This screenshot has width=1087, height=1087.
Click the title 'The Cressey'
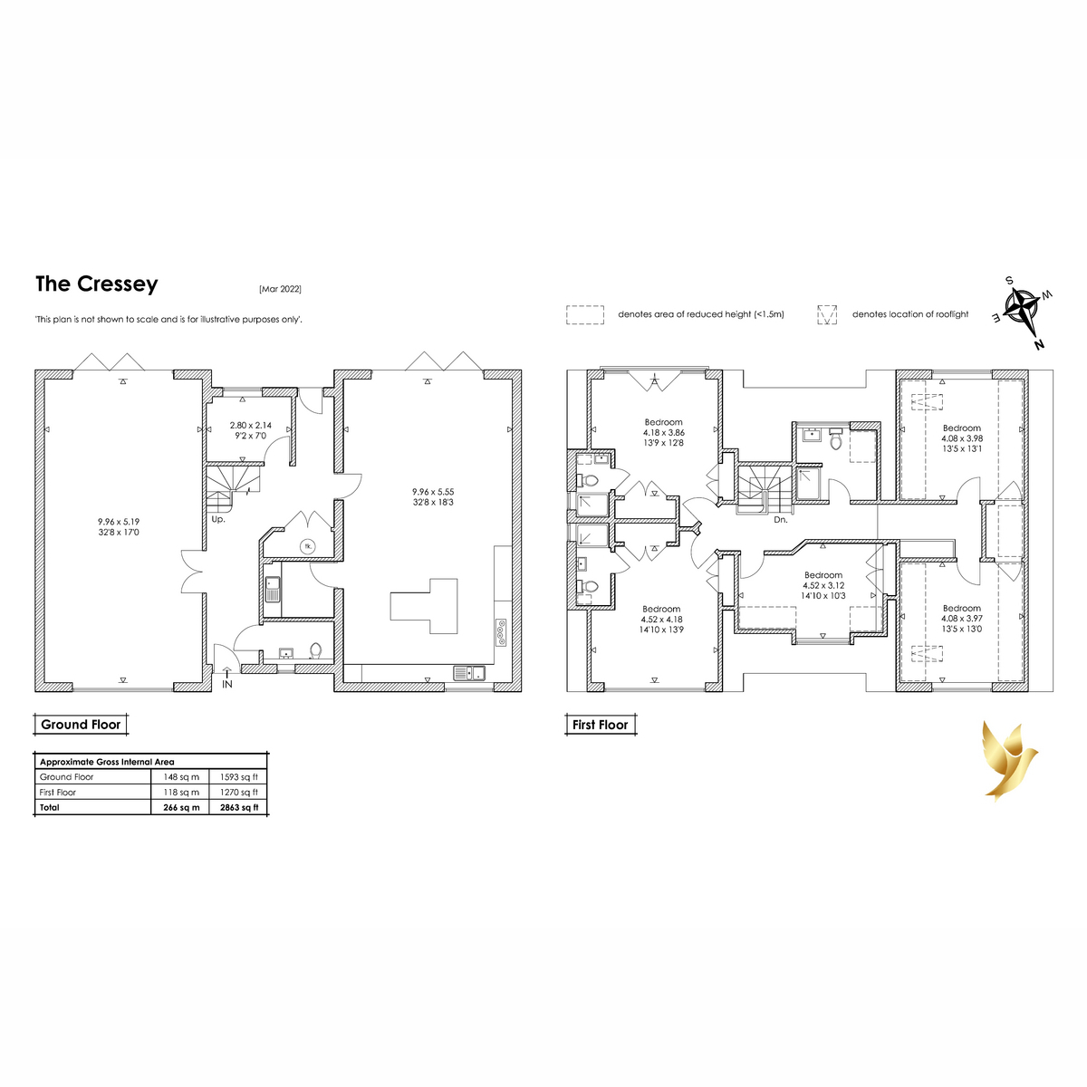click(96, 284)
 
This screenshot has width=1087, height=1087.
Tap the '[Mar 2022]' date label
click(280, 289)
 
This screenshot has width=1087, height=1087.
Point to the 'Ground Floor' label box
click(81, 725)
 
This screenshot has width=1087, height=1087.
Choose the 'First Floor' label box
click(601, 725)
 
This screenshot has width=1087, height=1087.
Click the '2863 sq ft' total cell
click(239, 807)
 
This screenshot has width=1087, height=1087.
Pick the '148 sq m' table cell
click(181, 776)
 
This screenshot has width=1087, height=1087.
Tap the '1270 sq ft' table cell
click(239, 792)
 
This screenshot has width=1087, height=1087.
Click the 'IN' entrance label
click(227, 684)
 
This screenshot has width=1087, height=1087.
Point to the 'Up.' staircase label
click(218, 519)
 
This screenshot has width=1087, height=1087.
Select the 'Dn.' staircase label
click(781, 520)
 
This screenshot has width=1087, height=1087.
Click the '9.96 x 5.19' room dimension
click(119, 522)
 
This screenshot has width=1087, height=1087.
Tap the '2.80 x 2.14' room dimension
click(250, 426)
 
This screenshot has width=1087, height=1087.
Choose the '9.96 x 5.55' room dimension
click(433, 492)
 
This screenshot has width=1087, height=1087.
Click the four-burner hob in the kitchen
click(501, 631)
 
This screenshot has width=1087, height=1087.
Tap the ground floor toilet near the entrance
click(315, 651)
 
